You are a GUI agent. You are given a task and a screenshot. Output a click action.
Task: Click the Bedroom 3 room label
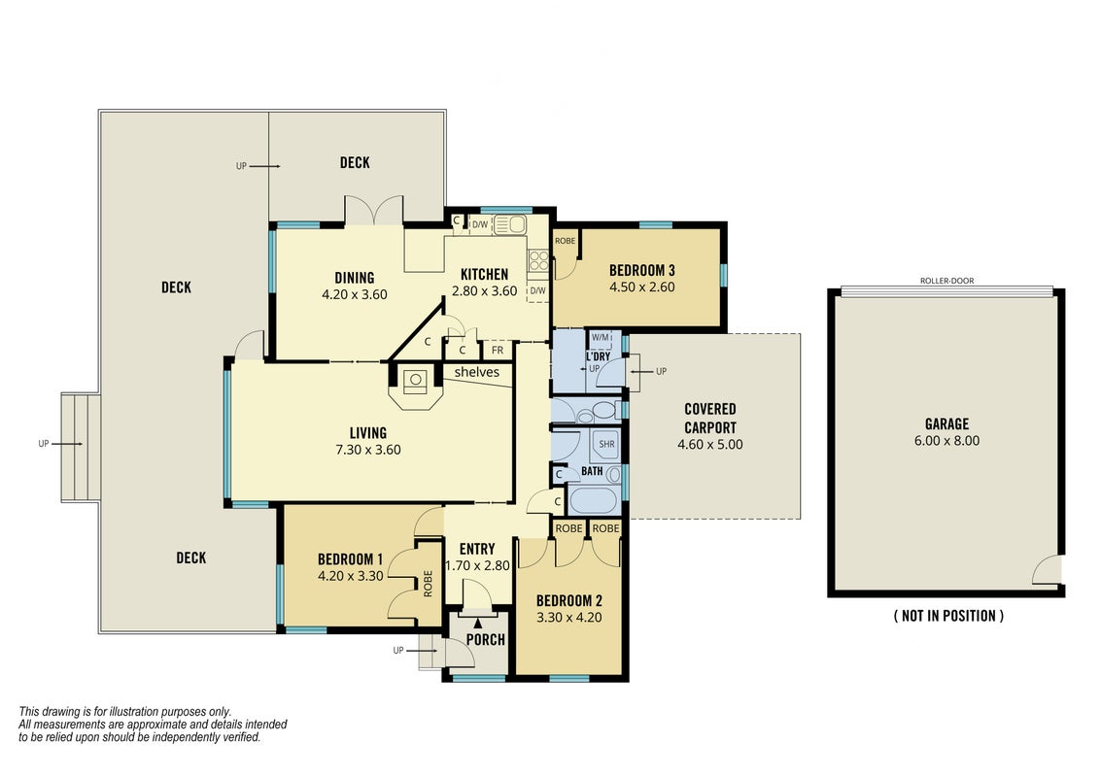tap(642, 270)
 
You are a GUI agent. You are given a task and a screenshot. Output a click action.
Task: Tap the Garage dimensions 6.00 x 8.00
tap(946, 441)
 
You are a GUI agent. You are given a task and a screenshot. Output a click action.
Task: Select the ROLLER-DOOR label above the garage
tap(947, 281)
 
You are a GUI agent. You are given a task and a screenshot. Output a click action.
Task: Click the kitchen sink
tap(510, 224)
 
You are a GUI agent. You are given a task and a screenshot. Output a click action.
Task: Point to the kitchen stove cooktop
tap(538, 261)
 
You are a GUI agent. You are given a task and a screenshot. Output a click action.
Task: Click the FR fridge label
tap(498, 350)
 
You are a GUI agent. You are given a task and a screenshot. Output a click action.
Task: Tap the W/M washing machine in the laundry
tap(601, 337)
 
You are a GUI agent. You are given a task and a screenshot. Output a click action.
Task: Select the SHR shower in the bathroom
tap(606, 443)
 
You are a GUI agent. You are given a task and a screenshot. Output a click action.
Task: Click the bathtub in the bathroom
tap(594, 501)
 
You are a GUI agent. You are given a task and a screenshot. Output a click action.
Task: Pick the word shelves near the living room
tap(476, 372)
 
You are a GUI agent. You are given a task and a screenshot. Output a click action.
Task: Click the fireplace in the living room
tap(415, 387)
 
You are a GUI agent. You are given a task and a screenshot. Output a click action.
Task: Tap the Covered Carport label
tap(710, 418)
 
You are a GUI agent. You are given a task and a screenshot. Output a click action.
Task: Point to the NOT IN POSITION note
tap(948, 616)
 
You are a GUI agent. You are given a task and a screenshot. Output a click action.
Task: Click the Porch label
tap(486, 639)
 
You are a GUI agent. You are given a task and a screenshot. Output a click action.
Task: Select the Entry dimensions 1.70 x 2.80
tap(478, 566)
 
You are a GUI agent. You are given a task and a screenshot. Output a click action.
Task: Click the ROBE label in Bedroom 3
tap(565, 241)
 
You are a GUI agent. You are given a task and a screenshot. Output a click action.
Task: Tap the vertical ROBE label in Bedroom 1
tap(428, 584)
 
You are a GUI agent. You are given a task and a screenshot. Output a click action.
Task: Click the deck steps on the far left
tap(81, 447)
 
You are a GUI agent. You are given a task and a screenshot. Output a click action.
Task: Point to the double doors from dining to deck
tap(373, 211)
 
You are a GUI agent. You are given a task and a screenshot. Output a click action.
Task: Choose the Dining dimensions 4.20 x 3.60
tap(355, 294)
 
